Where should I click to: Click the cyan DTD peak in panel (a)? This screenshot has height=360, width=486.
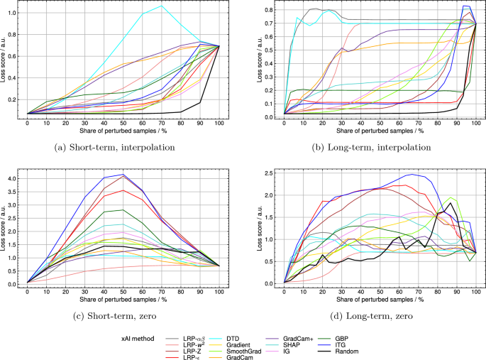click(161, 6)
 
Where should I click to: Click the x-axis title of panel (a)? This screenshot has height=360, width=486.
click(123, 132)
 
